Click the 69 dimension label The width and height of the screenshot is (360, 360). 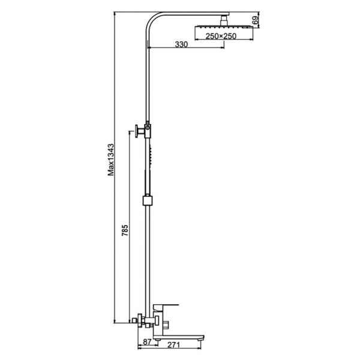pos(256,20)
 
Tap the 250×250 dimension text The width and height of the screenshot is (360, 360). pos(221,36)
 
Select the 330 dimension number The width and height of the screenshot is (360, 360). pos(181,44)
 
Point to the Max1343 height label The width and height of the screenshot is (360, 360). pos(111,160)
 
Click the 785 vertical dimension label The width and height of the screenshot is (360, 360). pos(125,230)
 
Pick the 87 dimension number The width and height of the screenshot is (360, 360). pos(147,342)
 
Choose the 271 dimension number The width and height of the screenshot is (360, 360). pos(174,345)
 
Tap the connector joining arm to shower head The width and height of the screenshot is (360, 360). pos(224,20)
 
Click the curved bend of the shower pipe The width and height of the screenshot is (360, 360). pos(152,20)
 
